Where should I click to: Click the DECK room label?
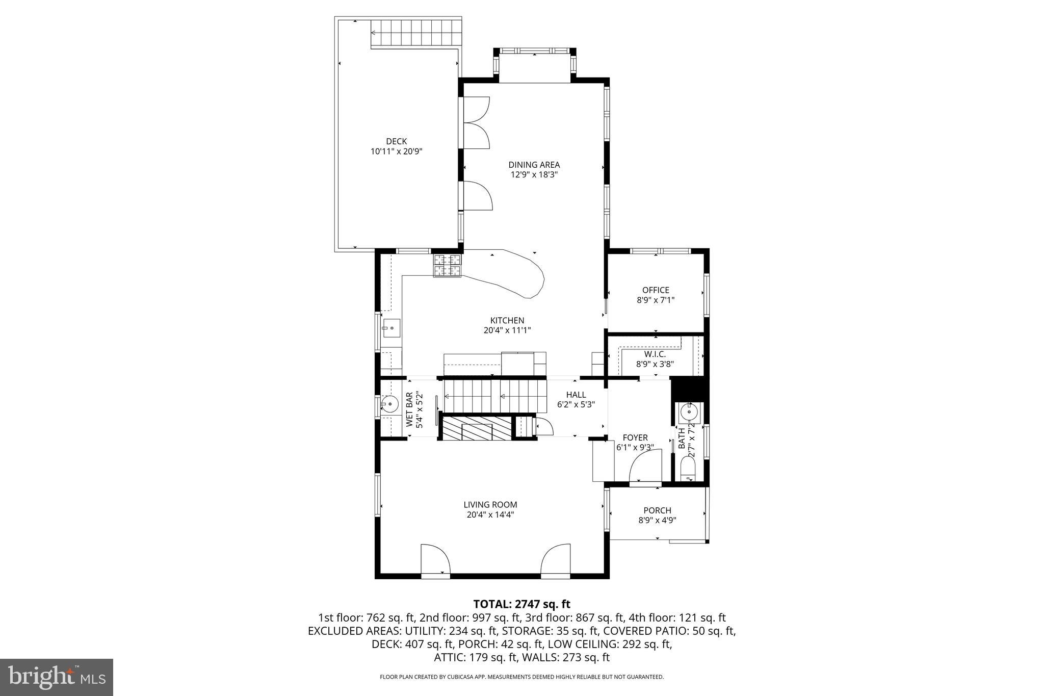pos(396,141)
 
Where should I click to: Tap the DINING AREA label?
pos(534,165)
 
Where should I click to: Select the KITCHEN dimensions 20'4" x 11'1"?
pos(507,330)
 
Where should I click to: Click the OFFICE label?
pos(655,290)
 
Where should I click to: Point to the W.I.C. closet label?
pos(655,354)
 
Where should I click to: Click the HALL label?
pos(576,395)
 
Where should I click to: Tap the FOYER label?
pos(635,437)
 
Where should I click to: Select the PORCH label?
pos(657,510)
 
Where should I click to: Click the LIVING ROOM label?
pos(490,505)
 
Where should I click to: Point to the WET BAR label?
pos(409,409)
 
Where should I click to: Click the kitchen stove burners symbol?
pos(447,265)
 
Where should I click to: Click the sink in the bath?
pos(689,411)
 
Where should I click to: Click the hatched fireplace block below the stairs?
pos(476,428)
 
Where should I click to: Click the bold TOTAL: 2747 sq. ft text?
pos(521,604)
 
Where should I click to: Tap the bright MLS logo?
pos(57,677)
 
